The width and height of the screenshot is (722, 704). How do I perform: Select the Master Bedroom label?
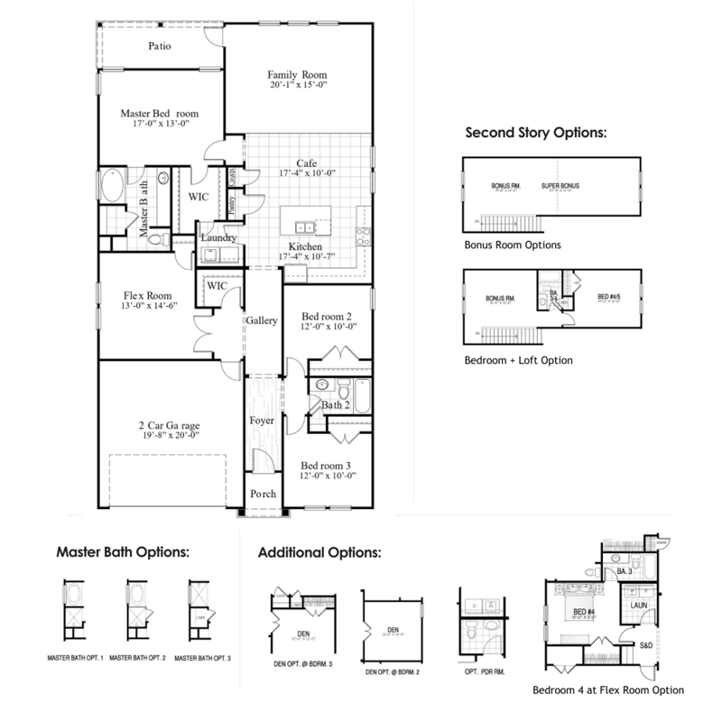point(160,114)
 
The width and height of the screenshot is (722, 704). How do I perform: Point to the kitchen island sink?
point(306,226)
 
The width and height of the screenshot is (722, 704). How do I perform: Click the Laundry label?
point(218,238)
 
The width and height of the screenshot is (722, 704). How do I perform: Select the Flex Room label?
point(147,293)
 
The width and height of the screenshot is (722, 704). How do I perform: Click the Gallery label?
point(262,320)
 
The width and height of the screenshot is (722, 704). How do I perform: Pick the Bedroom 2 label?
point(326,316)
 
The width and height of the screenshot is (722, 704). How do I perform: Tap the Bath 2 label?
point(336,407)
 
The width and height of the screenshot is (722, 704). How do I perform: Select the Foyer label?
point(262,420)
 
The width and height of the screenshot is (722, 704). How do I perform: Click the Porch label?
point(262,494)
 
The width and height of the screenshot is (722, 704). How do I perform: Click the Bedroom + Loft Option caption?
point(519,360)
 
